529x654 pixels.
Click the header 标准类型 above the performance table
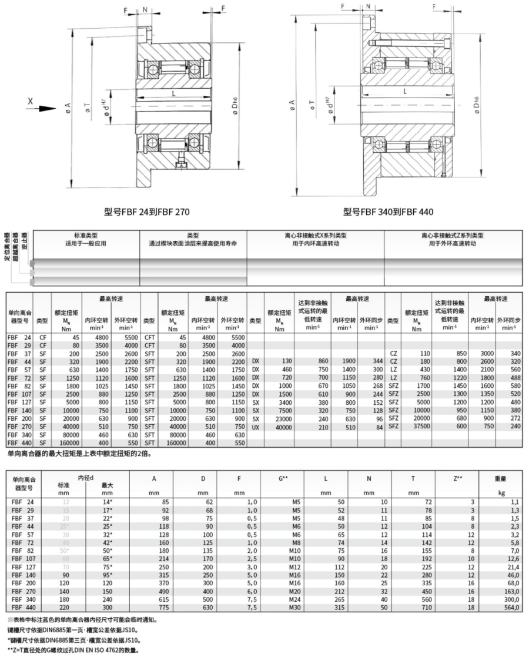coord(86,235)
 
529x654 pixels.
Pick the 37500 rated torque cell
coord(420,427)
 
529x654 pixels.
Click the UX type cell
coord(256,427)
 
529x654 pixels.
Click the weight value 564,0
coord(511,607)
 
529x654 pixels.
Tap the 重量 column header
coord(501,478)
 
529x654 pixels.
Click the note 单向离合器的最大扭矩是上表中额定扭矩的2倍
coord(81,454)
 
